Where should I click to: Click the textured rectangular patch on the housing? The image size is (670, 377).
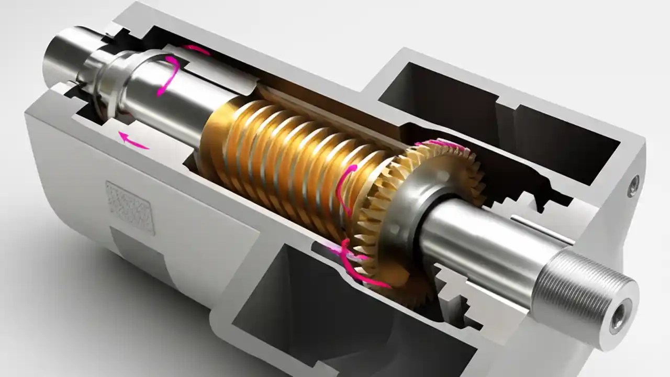pyautogui.click(x=130, y=207)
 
